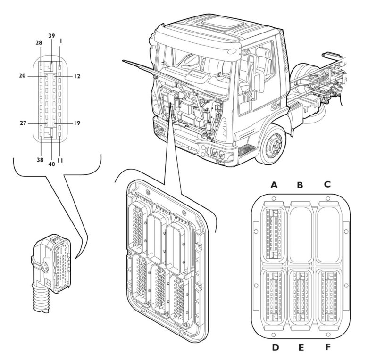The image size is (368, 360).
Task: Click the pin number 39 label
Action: [x=51, y=36]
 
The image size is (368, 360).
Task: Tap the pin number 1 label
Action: [x=60, y=41]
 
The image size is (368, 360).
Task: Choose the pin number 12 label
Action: [x=76, y=76]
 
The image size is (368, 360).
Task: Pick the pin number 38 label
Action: [x=41, y=159]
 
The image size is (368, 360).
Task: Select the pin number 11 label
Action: [x=60, y=160]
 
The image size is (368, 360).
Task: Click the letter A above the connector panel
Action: [x=274, y=185]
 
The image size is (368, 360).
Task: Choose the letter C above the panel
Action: [x=326, y=185]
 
